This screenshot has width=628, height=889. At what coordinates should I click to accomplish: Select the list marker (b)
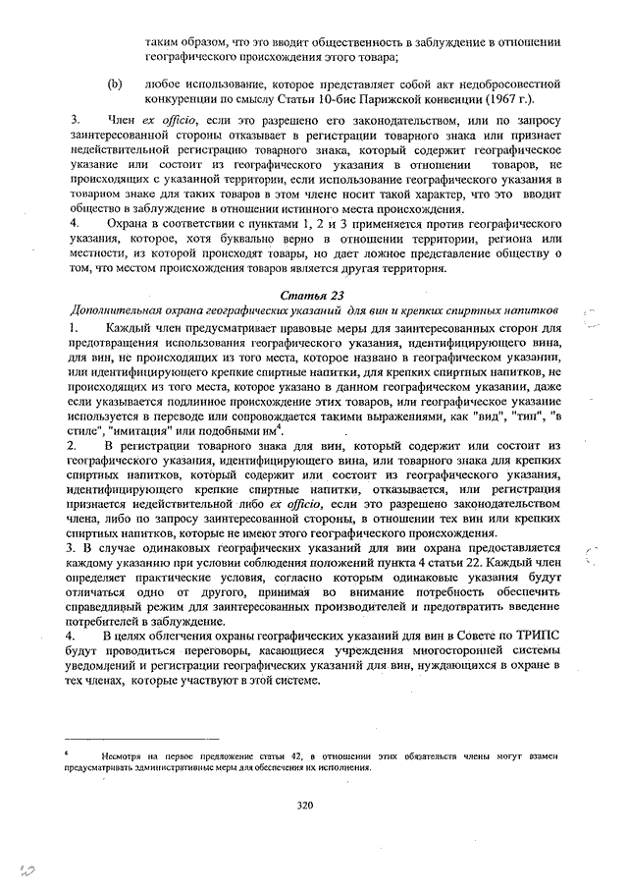(115, 85)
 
